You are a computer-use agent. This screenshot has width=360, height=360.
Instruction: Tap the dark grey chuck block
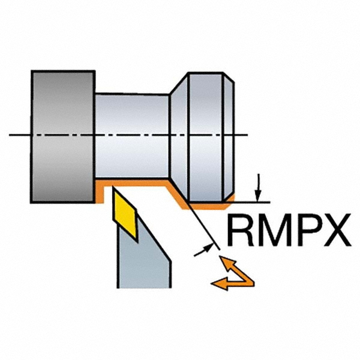click(62, 137)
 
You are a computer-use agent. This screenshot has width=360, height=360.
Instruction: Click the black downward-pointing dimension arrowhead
click(257, 193)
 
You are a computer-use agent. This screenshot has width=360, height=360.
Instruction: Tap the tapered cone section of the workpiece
click(178, 137)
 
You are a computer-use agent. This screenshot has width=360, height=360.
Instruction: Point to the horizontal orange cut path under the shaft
click(135, 182)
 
